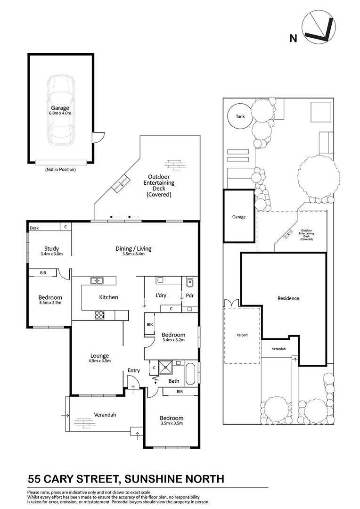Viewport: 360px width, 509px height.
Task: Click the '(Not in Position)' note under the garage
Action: (x=60, y=169)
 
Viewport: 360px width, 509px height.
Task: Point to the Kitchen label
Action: (x=108, y=297)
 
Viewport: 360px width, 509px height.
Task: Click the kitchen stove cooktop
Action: (x=100, y=315)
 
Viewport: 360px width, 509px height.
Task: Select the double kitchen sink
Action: (x=97, y=281)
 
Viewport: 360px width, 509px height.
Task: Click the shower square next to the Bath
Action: (x=166, y=367)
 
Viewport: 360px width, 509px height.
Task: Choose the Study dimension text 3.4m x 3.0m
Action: (x=51, y=254)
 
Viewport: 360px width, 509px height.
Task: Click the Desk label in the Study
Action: (x=34, y=228)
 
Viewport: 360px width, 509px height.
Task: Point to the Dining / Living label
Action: (x=133, y=249)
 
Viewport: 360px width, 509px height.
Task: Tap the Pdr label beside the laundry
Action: (x=190, y=296)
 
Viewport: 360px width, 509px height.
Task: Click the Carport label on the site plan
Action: (x=242, y=335)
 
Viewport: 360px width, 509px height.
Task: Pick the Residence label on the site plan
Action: (x=288, y=298)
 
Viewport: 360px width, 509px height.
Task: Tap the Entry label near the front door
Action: (x=134, y=370)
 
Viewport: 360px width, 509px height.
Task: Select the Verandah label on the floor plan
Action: (x=105, y=415)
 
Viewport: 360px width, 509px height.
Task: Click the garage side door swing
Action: (x=97, y=137)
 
